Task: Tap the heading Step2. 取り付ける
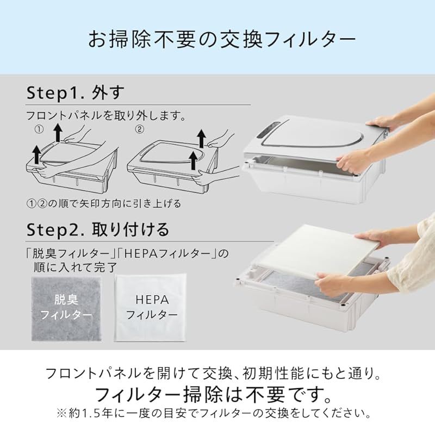97,228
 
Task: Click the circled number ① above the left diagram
39,130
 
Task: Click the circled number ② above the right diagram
140,130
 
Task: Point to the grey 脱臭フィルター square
67,307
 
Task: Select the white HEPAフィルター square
151,307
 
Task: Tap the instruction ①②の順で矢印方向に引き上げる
104,203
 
